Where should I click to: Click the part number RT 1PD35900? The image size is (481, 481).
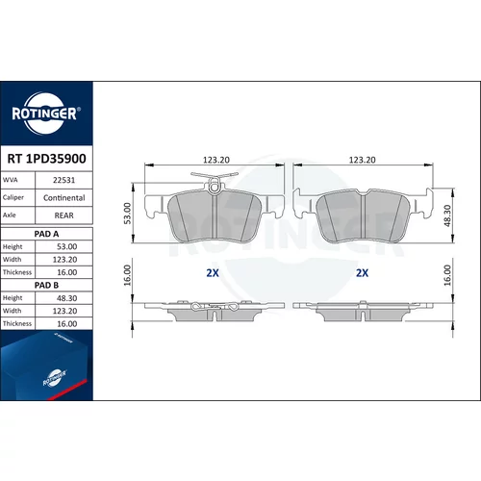point(46,159)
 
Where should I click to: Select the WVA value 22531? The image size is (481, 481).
point(63,180)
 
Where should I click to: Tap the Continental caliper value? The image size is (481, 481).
point(63,198)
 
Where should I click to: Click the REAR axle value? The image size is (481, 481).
point(63,215)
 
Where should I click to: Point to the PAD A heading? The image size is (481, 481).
point(46,234)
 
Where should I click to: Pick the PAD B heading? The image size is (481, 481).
point(46,285)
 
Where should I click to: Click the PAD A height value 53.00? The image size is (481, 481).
point(66,246)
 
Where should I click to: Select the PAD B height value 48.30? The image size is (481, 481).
point(66,298)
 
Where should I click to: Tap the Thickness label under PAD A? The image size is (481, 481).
point(17,272)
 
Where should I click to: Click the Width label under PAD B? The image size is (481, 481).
point(12,311)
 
